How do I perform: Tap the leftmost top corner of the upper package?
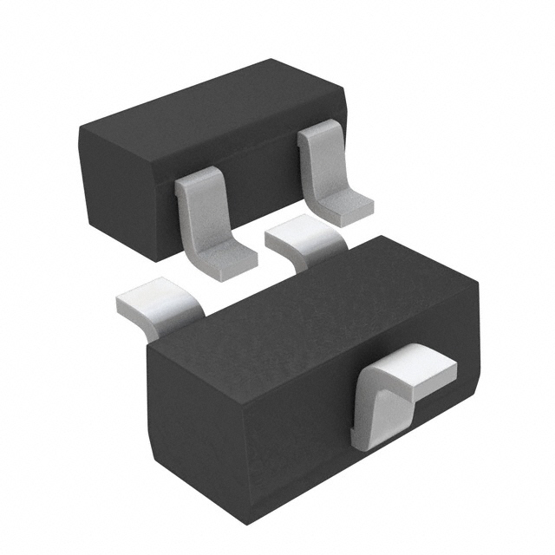pos(80,130)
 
